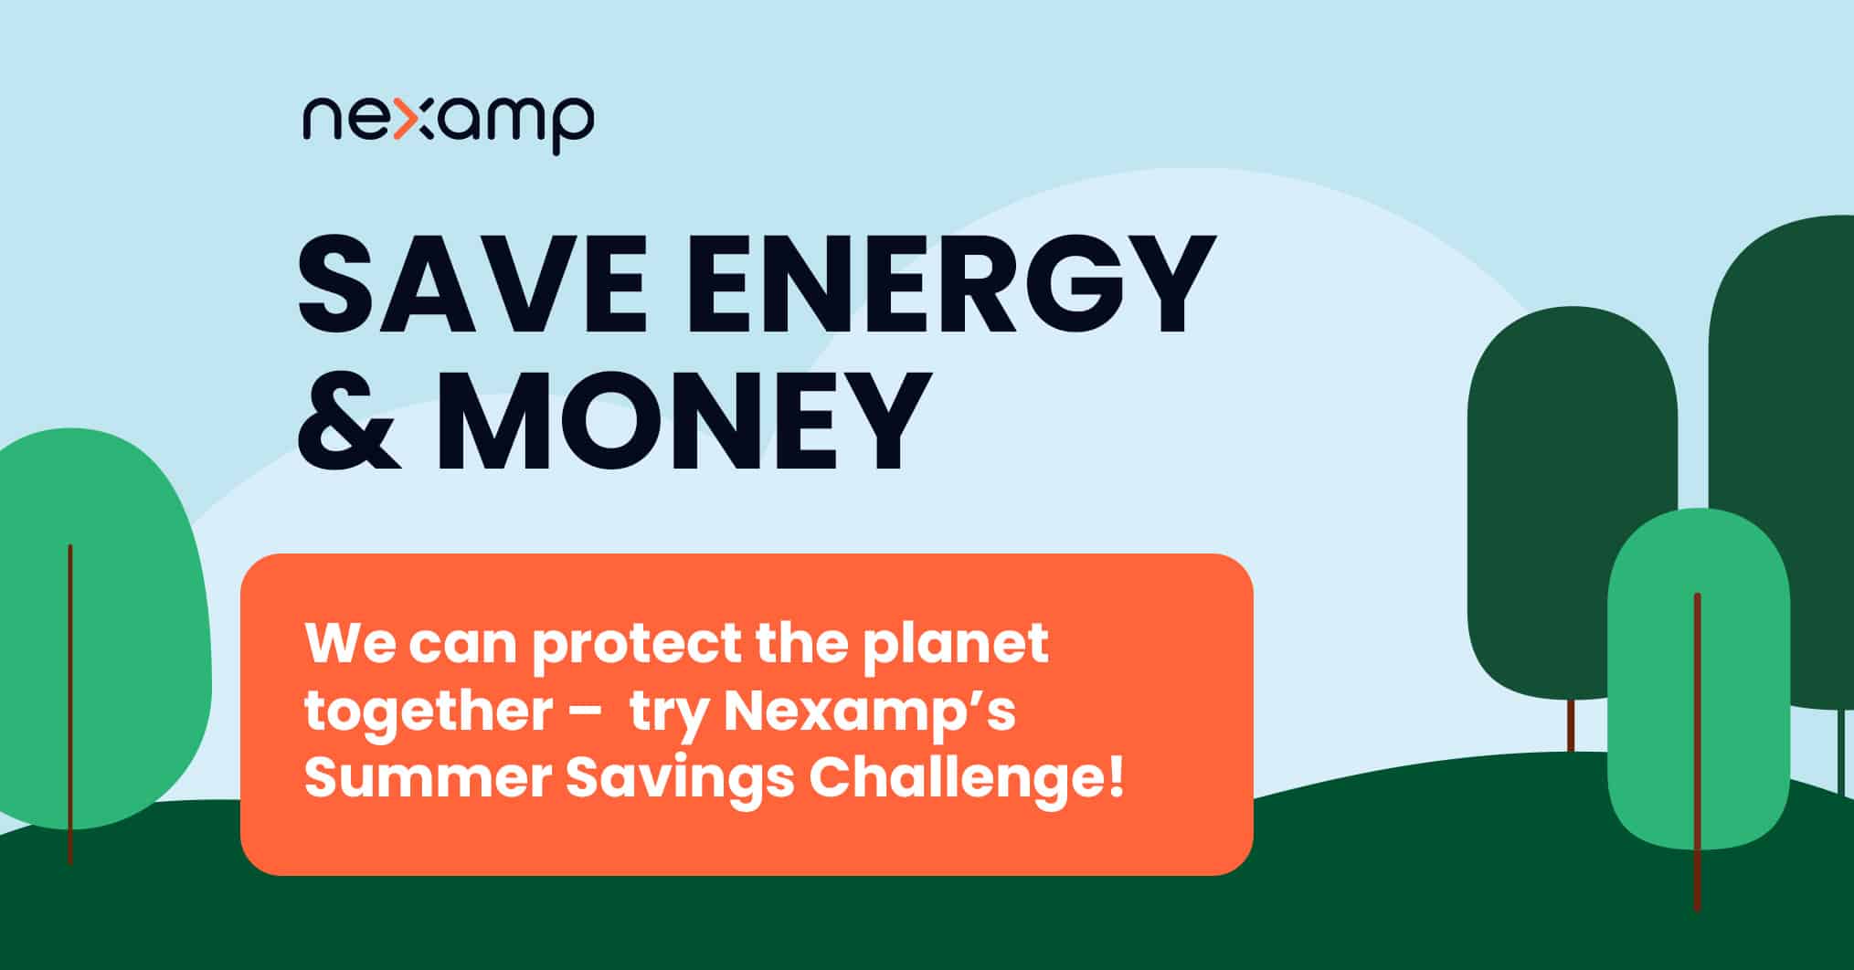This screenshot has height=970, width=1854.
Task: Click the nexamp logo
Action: [448, 123]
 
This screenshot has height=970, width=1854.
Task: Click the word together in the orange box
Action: [428, 712]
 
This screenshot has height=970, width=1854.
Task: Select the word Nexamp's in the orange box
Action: [869, 712]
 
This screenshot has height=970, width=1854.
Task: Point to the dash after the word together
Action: [584, 714]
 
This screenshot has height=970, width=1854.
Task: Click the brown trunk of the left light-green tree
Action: [70, 703]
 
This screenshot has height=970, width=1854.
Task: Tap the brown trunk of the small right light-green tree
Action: [1698, 752]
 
